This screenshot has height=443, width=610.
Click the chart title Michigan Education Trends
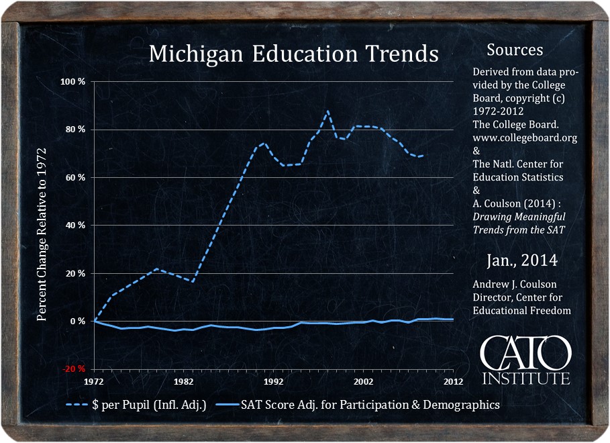(x=293, y=54)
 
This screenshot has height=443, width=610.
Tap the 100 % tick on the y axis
(x=74, y=81)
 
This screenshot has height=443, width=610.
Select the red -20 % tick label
(x=74, y=369)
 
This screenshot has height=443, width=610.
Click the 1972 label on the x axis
(x=94, y=381)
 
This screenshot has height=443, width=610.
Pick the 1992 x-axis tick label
(x=273, y=381)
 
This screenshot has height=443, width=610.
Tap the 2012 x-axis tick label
(x=454, y=381)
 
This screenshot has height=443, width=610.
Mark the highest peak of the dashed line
(x=327, y=111)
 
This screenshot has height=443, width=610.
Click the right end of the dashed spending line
(x=422, y=156)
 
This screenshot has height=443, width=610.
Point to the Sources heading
(x=515, y=50)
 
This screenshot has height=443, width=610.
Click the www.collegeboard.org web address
(x=525, y=138)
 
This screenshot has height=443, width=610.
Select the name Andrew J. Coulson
(x=515, y=285)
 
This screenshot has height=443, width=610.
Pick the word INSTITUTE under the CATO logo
(x=526, y=379)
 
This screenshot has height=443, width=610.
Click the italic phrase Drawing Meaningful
(x=519, y=217)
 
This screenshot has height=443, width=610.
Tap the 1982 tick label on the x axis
(x=183, y=381)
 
